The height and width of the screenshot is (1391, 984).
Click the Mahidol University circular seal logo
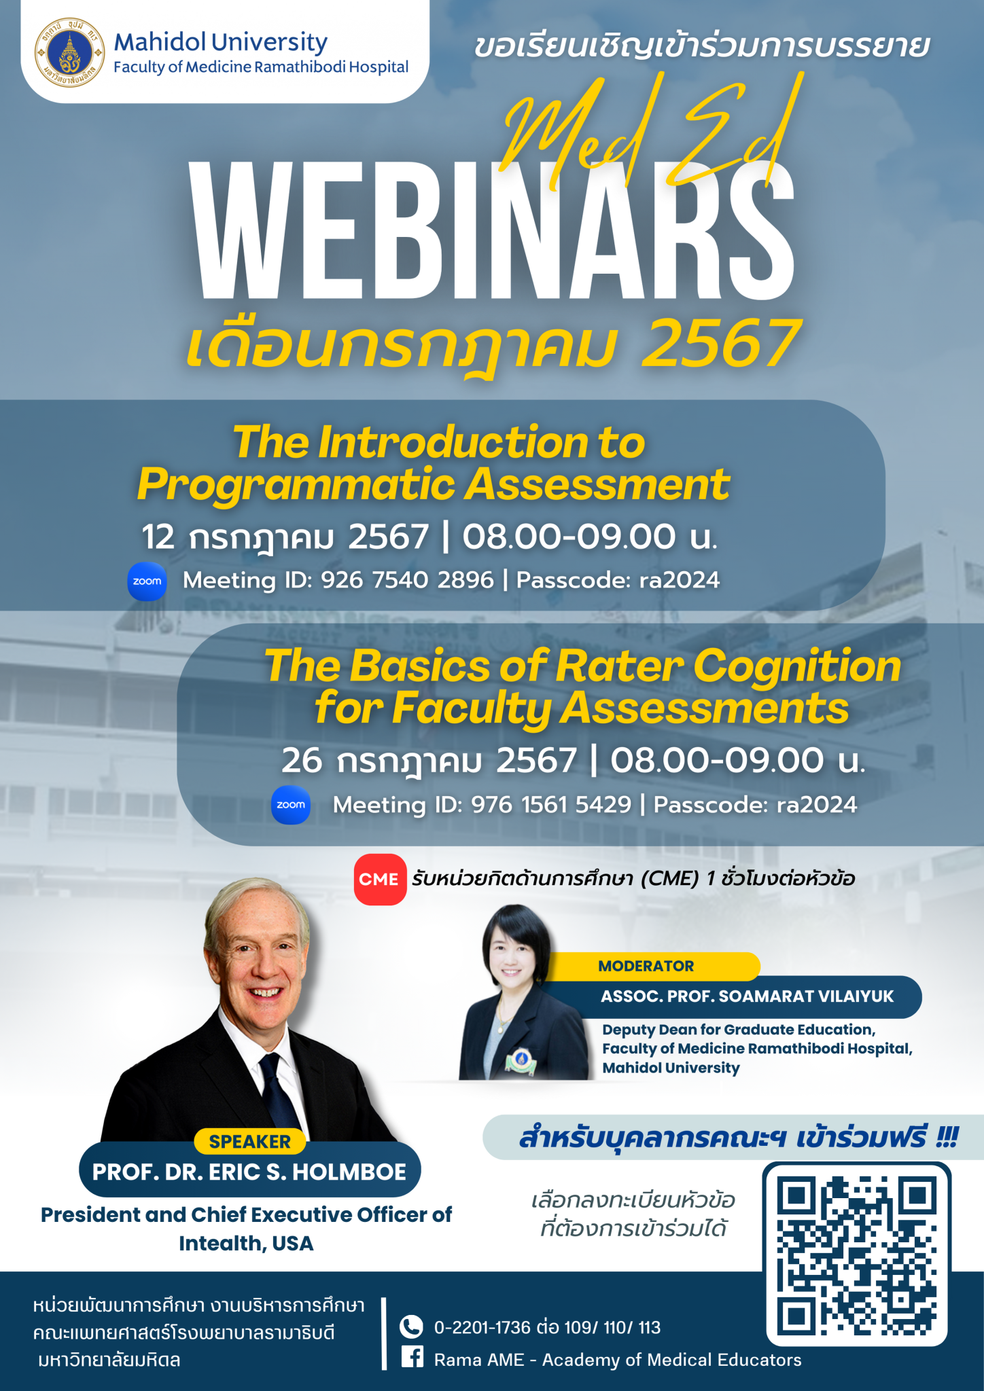point(69,53)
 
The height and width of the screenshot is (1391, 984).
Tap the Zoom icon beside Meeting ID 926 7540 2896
point(147,581)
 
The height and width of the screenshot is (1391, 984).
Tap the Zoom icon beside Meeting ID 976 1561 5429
point(291,805)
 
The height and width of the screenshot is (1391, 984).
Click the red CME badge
point(380,880)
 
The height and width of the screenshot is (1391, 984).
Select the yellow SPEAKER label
point(249,1142)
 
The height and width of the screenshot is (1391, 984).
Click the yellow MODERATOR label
point(646,966)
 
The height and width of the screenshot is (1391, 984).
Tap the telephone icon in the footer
point(410,1326)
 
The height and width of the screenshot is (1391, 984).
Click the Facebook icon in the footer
point(412,1358)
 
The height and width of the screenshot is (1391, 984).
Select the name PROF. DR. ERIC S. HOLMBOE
point(249,1172)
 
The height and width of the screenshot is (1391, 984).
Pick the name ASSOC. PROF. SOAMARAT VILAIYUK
point(747,996)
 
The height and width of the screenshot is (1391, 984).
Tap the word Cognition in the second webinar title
point(797,666)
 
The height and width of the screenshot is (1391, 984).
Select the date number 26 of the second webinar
point(302,760)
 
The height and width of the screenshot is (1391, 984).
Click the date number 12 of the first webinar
point(158,537)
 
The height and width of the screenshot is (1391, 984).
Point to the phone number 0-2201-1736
point(482,1328)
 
